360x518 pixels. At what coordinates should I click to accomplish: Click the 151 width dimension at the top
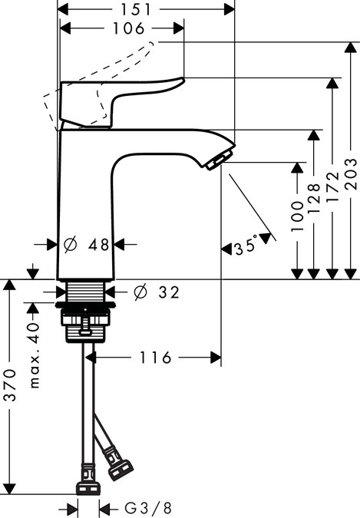(146, 8)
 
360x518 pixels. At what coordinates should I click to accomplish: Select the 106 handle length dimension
(123, 28)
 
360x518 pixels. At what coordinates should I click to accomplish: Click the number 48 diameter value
(98, 245)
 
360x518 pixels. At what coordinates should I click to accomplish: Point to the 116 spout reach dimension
(157, 358)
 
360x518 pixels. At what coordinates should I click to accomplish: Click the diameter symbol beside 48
(70, 245)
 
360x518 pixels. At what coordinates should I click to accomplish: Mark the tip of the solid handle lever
(182, 79)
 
